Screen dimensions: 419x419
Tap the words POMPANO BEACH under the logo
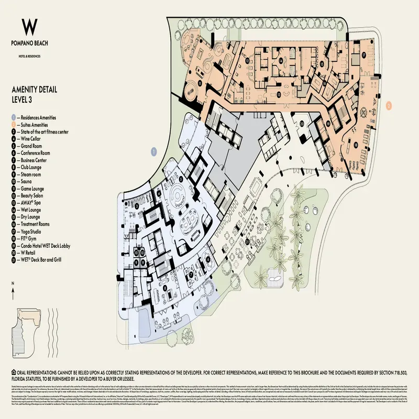(x=31, y=44)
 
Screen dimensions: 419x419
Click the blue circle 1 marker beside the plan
(x=154, y=151)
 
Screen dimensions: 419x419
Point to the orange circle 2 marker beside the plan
(x=389, y=105)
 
